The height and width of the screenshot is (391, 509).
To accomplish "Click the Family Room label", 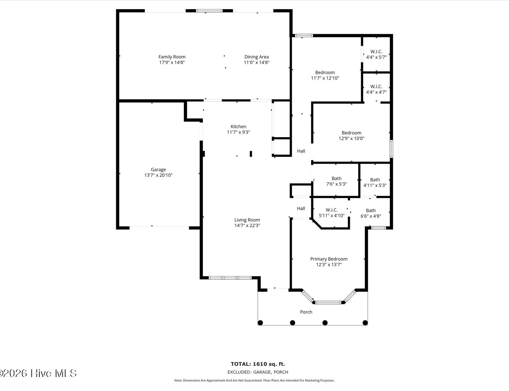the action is point(172,57).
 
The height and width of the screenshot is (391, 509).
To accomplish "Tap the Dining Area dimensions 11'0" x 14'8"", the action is point(257,62).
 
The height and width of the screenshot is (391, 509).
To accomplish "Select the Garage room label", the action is point(158,169).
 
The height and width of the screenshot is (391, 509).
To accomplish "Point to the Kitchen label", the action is point(238,127).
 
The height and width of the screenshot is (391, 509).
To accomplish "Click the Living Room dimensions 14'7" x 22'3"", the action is point(247,225).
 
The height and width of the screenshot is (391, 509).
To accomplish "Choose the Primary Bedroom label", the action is point(328,259).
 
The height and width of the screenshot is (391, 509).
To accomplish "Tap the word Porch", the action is point(306,312).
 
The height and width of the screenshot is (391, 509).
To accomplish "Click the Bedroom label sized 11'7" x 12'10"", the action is point(325,72).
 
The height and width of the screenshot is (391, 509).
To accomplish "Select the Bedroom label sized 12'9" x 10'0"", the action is point(351,133).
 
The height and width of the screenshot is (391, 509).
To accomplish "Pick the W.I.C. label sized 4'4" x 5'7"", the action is point(376,52).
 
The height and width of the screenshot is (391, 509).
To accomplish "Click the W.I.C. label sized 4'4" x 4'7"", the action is point(376,87).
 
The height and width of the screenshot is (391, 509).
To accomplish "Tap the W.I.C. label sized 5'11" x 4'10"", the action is point(332,210).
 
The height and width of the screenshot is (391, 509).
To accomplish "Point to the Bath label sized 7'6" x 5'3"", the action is point(336,179).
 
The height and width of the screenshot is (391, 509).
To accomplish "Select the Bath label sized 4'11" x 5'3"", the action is point(375,180).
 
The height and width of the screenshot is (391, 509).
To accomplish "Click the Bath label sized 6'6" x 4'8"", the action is point(371,211).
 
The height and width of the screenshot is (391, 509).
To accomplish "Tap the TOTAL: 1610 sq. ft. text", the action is point(258,364).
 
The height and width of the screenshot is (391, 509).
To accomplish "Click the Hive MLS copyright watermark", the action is point(38,373).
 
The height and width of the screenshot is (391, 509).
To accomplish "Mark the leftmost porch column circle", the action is point(260,323).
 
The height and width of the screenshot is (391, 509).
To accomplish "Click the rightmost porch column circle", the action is point(365,323).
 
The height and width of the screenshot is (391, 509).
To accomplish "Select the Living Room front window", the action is point(230,278).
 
